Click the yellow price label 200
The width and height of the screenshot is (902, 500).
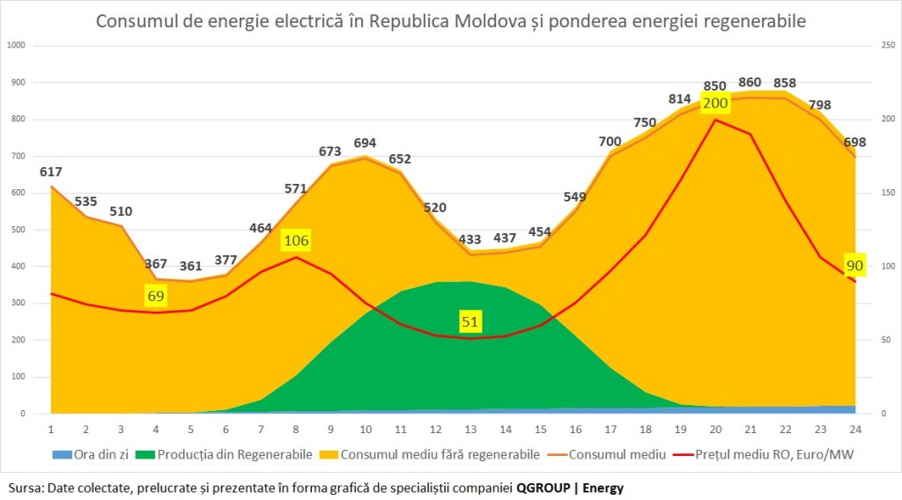pos(715,103)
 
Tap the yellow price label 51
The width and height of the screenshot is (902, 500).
pos(470,322)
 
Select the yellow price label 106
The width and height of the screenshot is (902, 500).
pos(297,240)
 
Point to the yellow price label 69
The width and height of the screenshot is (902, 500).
pos(156,296)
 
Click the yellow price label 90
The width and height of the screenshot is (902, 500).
pos(854,265)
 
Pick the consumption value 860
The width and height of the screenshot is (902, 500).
pos(750,83)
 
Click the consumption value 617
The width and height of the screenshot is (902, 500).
pos(51,172)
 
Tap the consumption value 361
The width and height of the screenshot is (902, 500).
pos(190,266)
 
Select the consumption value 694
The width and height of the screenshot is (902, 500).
pos(364,142)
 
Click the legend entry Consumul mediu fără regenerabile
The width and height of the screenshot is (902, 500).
pos(445,455)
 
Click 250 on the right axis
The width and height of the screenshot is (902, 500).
pos(888,45)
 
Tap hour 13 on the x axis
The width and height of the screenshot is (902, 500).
pos(470,429)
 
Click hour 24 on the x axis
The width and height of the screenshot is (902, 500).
pos(854,429)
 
